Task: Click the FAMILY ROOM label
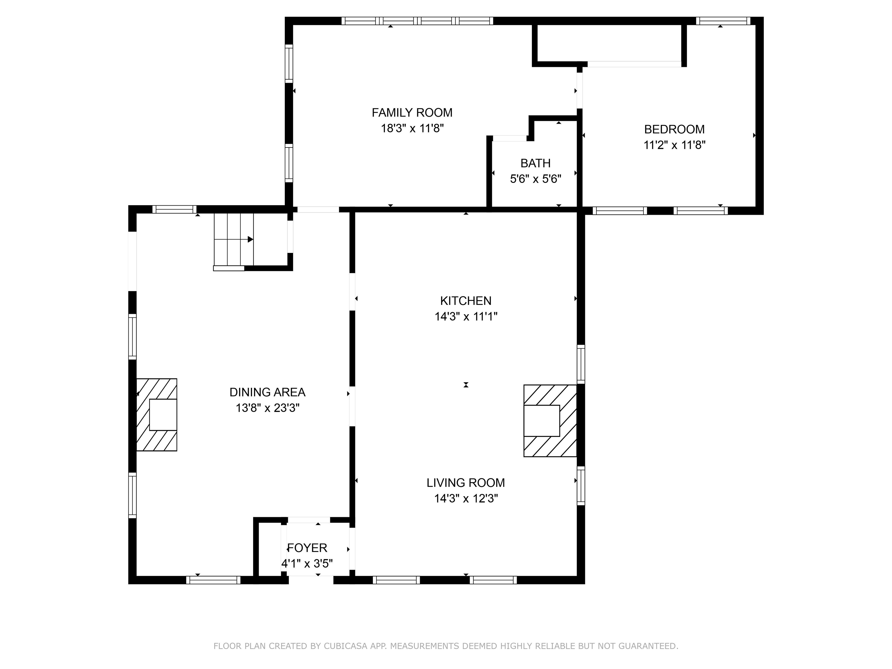tap(412, 112)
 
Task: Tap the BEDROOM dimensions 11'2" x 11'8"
tap(674, 145)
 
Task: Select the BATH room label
tap(535, 163)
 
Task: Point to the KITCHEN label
tap(465, 301)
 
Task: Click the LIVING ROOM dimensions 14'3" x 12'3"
tap(466, 499)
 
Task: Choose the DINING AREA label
tap(267, 392)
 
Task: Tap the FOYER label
tap(307, 548)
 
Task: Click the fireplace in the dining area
tap(157, 415)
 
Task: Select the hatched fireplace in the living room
tap(550, 421)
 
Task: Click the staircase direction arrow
tap(250, 240)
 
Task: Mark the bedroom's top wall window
tap(723, 21)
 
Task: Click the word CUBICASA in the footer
tap(345, 646)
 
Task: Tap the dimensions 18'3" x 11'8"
tap(412, 129)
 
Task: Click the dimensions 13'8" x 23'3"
tap(267, 408)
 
